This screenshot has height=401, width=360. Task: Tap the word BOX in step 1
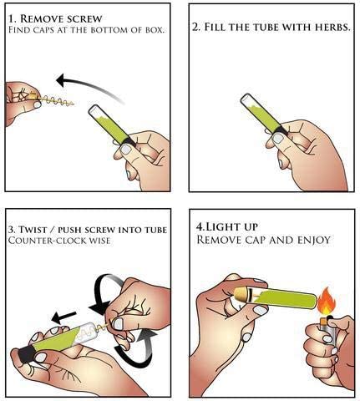click(x=155, y=30)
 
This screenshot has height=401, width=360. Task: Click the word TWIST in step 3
click(x=33, y=230)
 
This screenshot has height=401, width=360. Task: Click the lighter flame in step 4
click(x=327, y=301)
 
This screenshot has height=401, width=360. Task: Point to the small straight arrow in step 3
click(x=63, y=317)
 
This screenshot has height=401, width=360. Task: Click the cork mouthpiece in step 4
click(x=242, y=295)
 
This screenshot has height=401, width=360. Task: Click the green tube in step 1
click(x=111, y=124)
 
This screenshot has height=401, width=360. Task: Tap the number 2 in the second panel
click(x=195, y=27)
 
